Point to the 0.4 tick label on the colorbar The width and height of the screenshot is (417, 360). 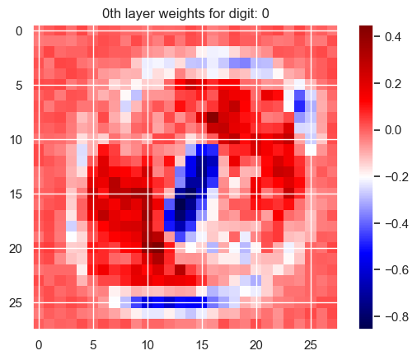[393, 37]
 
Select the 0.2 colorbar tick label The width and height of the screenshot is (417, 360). [393, 84]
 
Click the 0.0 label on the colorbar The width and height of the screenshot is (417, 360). [393, 130]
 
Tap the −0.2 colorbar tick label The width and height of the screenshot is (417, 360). [396, 177]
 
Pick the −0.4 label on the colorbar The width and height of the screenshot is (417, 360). [396, 224]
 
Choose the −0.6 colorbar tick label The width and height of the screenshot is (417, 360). [396, 270]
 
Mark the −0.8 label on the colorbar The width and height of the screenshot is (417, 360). [396, 317]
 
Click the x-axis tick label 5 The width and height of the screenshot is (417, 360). [93, 345]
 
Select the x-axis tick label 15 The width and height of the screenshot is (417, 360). [202, 345]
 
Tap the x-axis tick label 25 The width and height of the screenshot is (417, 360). [311, 345]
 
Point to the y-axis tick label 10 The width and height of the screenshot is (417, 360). [16, 140]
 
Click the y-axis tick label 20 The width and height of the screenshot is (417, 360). [16, 249]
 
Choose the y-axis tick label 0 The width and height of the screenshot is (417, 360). [19, 31]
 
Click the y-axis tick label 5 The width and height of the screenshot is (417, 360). [19, 86]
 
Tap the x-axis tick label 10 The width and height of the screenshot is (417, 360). [148, 345]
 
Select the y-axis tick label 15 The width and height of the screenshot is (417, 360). [16, 194]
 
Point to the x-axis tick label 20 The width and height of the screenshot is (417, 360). [256, 345]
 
